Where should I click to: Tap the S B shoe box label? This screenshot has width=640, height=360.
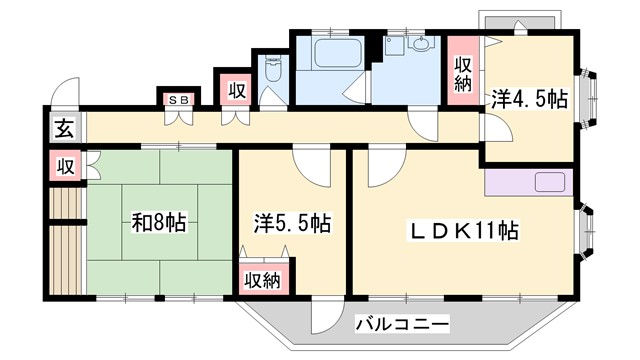click(180, 98)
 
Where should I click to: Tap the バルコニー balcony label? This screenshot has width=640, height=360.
click(402, 324)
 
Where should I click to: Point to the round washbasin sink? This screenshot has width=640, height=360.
click(419, 46)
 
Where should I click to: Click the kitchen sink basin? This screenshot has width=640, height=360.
click(550, 182)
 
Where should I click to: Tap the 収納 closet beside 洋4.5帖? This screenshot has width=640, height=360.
click(463, 71)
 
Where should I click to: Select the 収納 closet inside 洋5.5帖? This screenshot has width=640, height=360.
click(263, 278)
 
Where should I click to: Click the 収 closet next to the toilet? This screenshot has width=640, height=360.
click(236, 90)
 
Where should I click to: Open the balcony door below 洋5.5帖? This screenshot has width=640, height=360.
click(325, 318)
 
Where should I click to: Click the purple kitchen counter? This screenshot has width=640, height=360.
click(527, 183)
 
